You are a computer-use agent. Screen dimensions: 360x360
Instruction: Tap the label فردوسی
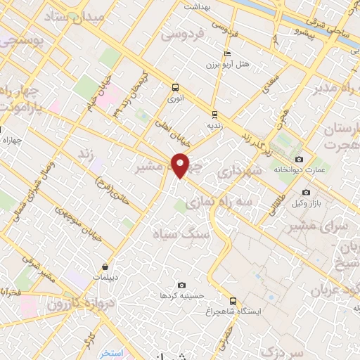pos(182,33)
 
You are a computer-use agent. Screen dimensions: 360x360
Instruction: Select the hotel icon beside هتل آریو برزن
pos(226,53)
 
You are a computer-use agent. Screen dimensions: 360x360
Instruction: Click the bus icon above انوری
pos(175,88)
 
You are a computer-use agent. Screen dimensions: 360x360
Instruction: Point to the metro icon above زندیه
pos(214,113)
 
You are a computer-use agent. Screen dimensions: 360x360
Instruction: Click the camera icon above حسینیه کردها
pos(182,285)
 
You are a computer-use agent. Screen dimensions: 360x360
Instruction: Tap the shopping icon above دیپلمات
pos(105,266)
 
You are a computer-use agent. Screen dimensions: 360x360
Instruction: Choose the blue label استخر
pos(111,352)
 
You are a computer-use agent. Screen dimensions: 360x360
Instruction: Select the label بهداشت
pos(198,6)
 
